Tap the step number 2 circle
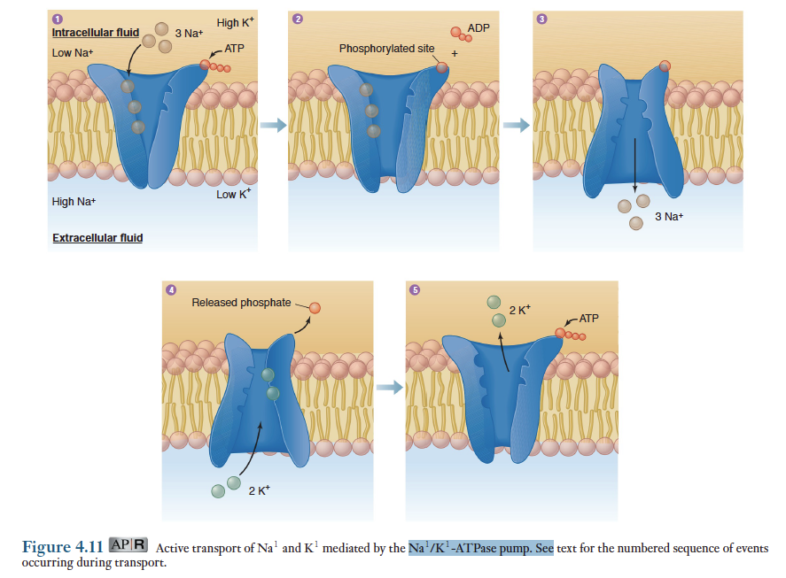(x=297, y=19)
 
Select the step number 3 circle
(x=541, y=19)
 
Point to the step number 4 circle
(x=171, y=289)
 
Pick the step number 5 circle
(x=413, y=289)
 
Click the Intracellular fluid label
(x=96, y=33)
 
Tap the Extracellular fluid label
(x=97, y=238)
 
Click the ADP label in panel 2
(x=478, y=29)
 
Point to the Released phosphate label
(x=241, y=303)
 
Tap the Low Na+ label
(x=73, y=53)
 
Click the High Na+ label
(x=74, y=202)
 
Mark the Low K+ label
(x=233, y=194)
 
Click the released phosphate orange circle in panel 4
(x=315, y=308)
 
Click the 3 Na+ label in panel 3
(x=669, y=217)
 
